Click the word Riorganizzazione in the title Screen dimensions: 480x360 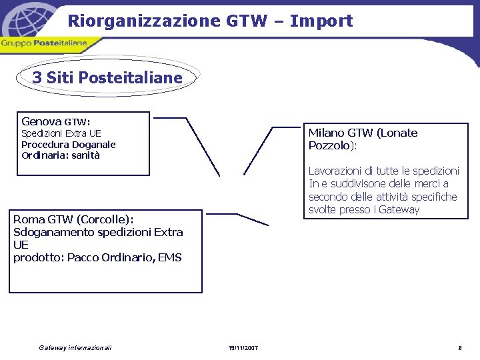[143, 21]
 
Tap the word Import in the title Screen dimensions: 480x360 [323, 21]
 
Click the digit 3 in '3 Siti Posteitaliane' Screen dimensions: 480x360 [37, 78]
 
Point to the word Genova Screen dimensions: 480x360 [41, 121]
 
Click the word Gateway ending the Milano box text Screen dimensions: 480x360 [398, 209]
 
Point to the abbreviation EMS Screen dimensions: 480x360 [170, 257]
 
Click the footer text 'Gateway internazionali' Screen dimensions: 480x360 [75, 348]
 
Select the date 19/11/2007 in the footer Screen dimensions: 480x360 [243, 348]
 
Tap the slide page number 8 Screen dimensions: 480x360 [459, 348]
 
